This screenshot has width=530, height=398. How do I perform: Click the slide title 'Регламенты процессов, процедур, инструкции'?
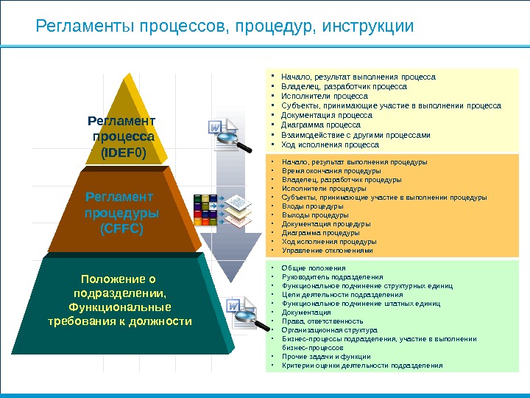pos(225,27)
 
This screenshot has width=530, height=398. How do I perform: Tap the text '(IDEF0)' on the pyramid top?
pos(123,153)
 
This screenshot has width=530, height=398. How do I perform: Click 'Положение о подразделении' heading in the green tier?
pos(119,286)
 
